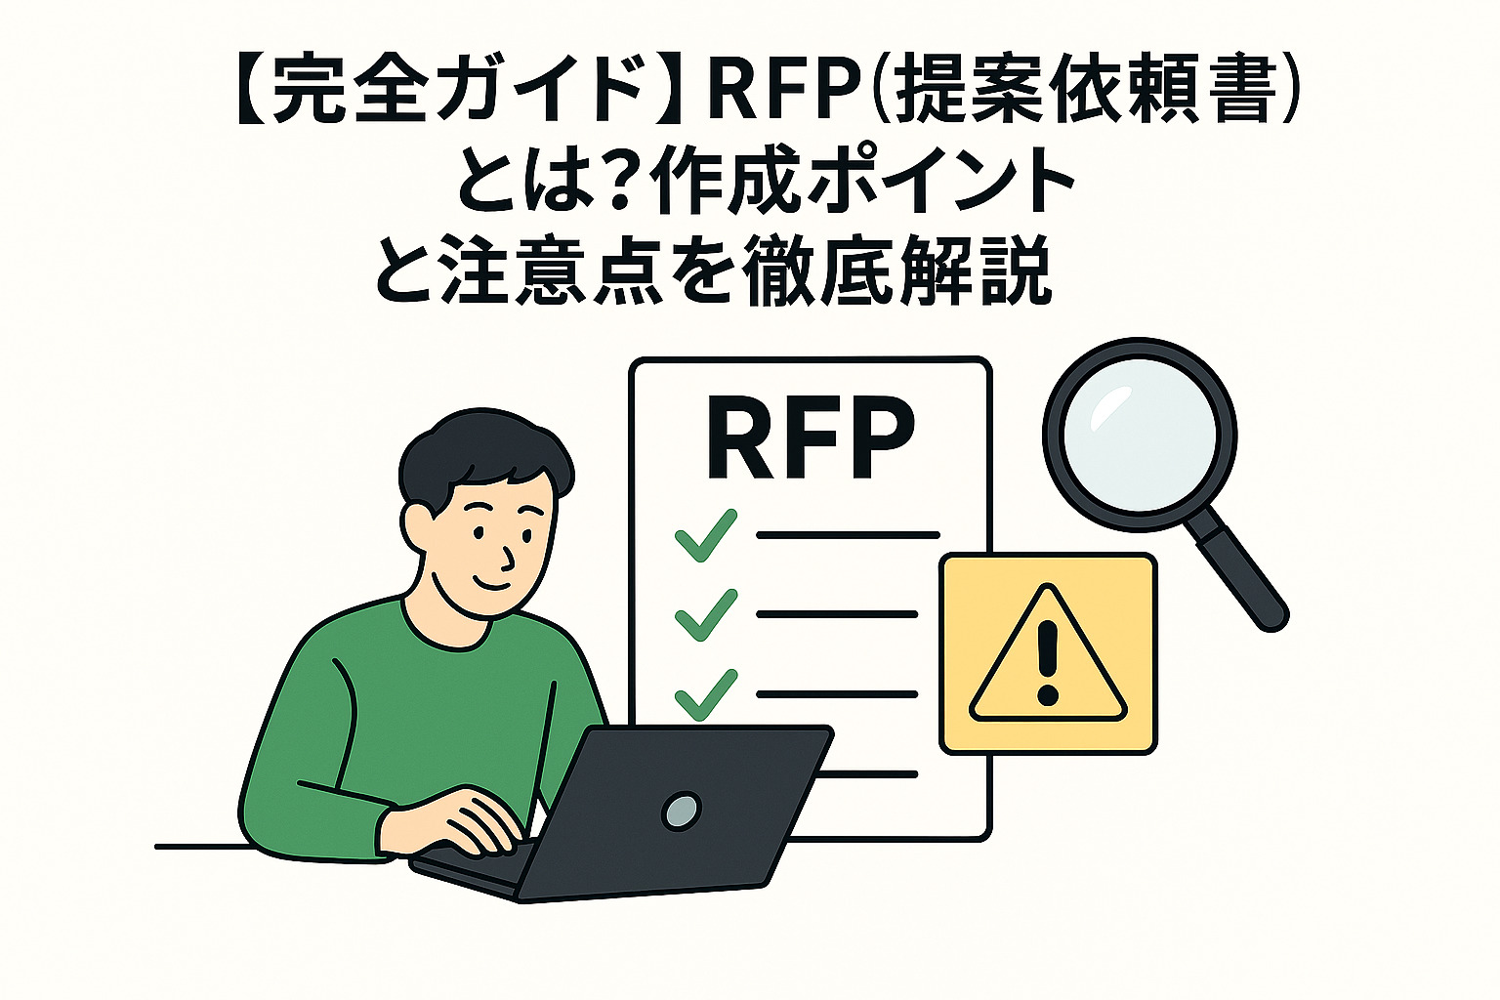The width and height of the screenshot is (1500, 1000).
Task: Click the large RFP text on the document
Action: (810, 438)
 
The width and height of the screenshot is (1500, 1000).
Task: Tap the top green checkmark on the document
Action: (705, 534)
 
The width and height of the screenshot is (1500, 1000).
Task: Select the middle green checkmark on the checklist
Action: (705, 614)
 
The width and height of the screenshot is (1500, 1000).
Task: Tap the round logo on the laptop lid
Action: (681, 810)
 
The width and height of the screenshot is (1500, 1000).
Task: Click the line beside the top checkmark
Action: (847, 535)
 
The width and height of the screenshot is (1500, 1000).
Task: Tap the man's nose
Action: (507, 557)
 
